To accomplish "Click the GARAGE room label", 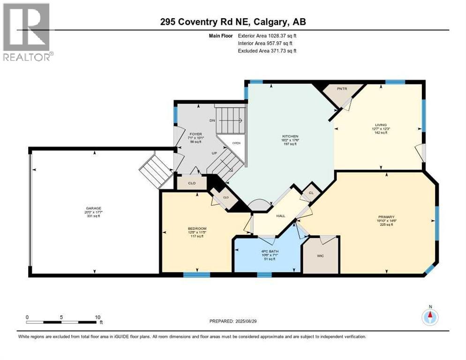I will (93, 208).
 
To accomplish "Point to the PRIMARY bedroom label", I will (385, 217).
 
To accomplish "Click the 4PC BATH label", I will (270, 252).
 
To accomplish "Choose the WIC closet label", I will (320, 255).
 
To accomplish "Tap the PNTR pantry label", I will (342, 88).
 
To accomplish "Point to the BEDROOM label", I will (197, 228).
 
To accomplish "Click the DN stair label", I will (212, 120).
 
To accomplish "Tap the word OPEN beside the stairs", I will (236, 144).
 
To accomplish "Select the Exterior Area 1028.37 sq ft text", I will (267, 36).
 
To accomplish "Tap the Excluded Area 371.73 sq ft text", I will (267, 51).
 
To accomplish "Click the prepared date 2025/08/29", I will (247, 321).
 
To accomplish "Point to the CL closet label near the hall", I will (310, 192).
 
